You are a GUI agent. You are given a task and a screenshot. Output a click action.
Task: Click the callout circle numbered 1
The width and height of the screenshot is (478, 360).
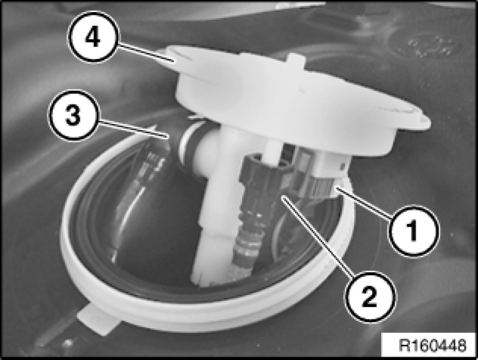414,231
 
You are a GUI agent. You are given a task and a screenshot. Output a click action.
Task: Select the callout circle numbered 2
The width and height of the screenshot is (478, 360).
370,297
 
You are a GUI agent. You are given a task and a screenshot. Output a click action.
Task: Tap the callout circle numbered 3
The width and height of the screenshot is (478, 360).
73,115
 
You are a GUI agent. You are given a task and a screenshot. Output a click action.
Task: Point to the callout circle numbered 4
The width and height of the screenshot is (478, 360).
93,37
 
